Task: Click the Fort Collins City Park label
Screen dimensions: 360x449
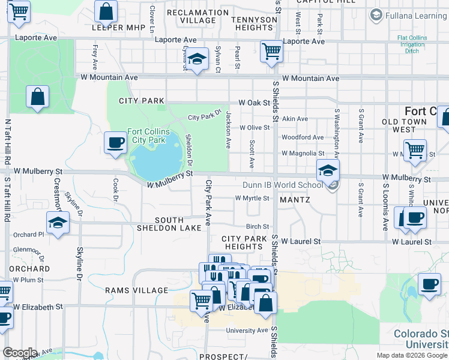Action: click(x=148, y=136)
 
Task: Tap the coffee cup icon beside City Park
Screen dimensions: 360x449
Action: click(x=115, y=143)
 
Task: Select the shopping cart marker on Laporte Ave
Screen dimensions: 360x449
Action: click(x=271, y=52)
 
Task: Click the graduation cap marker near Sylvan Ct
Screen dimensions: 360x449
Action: click(x=196, y=59)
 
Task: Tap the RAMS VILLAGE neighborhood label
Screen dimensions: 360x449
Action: click(x=137, y=290)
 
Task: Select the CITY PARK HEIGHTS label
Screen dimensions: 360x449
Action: click(x=244, y=243)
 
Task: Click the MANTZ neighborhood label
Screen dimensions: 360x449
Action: click(x=295, y=199)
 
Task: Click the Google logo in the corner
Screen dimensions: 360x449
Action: click(x=20, y=353)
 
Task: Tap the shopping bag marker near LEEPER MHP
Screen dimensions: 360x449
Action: click(x=106, y=11)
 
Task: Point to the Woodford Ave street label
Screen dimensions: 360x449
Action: click(x=303, y=137)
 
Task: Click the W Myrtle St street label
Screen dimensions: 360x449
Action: click(x=252, y=198)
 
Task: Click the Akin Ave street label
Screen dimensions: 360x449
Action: click(x=295, y=119)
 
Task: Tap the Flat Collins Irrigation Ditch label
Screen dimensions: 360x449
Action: click(x=412, y=44)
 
